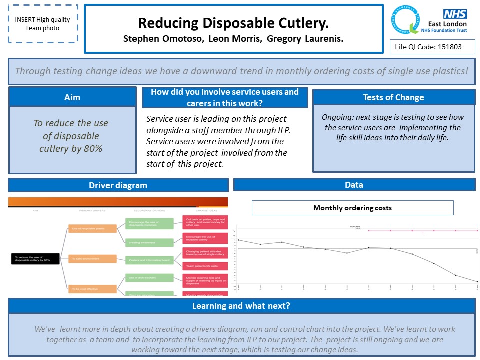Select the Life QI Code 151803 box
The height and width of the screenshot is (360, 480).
point(432,47)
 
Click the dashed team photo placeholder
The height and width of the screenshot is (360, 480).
point(43,24)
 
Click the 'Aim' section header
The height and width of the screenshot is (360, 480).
point(72,97)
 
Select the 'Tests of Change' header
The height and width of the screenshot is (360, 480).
point(393,97)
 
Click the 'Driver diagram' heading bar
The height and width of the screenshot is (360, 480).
point(118,185)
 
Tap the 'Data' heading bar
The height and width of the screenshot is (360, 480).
point(354,185)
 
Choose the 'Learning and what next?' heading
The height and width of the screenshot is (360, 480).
point(241,306)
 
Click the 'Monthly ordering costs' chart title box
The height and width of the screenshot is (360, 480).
point(352,208)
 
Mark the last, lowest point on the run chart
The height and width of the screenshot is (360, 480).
point(477,282)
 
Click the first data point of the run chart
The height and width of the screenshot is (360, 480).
point(238,240)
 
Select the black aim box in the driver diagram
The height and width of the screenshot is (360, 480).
point(35,259)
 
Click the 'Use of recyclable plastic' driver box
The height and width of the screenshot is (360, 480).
point(92,229)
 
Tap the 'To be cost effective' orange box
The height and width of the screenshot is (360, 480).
point(92,289)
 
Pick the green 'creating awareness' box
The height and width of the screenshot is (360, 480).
point(149,243)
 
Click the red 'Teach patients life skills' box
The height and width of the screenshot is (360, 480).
point(205,266)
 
